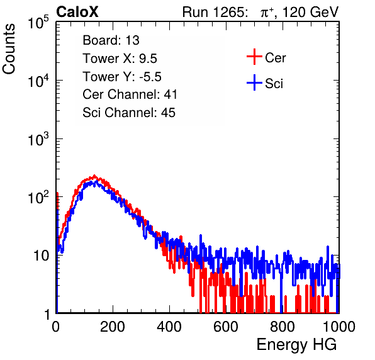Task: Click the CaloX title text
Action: pos(77,12)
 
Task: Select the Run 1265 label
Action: pos(215,12)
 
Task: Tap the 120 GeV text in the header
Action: pos(310,12)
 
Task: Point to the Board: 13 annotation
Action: pos(111,40)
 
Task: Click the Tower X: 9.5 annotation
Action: pos(120,59)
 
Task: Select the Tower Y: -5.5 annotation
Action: pos(122,77)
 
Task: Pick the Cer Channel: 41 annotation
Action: pos(130,94)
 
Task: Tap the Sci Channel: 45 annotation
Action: pos(129,113)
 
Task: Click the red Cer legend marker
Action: pos(254,57)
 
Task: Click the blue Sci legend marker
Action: pos(254,83)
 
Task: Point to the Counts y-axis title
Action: pos(9,49)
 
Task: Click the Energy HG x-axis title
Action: pos(296,344)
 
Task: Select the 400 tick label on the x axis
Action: pos(169,327)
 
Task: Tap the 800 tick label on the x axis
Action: pos(283,327)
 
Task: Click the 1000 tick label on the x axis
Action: pos(339,327)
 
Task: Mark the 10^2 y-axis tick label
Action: pos(38,197)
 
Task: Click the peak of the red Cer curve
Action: pos(94,176)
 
